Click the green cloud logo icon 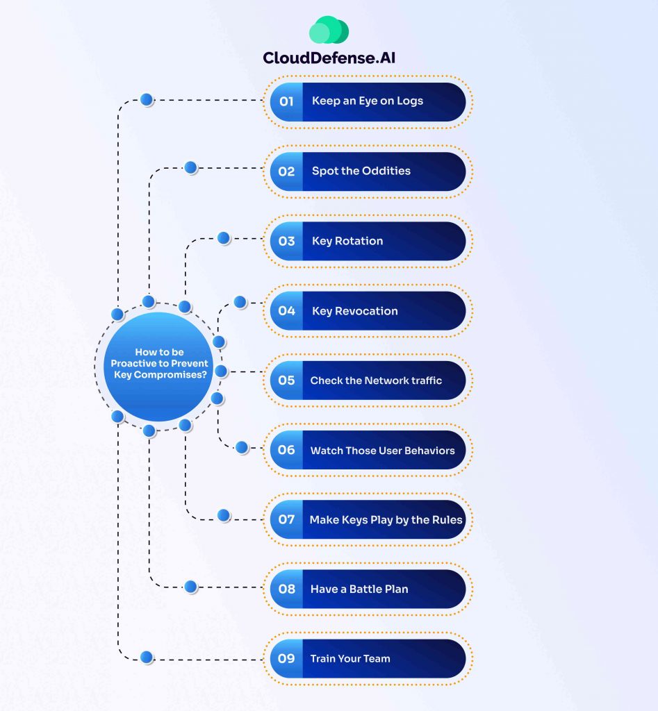[329, 31]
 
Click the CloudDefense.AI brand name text [329, 58]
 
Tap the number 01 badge [286, 101]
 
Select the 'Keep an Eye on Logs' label [367, 101]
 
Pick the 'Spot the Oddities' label [361, 171]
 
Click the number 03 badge [286, 241]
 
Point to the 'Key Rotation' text [347, 241]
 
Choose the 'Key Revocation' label [354, 311]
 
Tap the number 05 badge [286, 380]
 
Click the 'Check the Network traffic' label [376, 380]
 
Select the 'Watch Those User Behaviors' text [382, 451]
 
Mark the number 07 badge [286, 519]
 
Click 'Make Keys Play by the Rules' [386, 519]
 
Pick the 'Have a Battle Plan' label [359, 589]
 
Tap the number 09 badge [286, 658]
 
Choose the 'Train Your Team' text [349, 658]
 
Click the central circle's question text [159, 363]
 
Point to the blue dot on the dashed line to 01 [147, 100]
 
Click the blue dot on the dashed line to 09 [147, 657]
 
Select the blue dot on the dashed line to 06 [242, 448]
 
